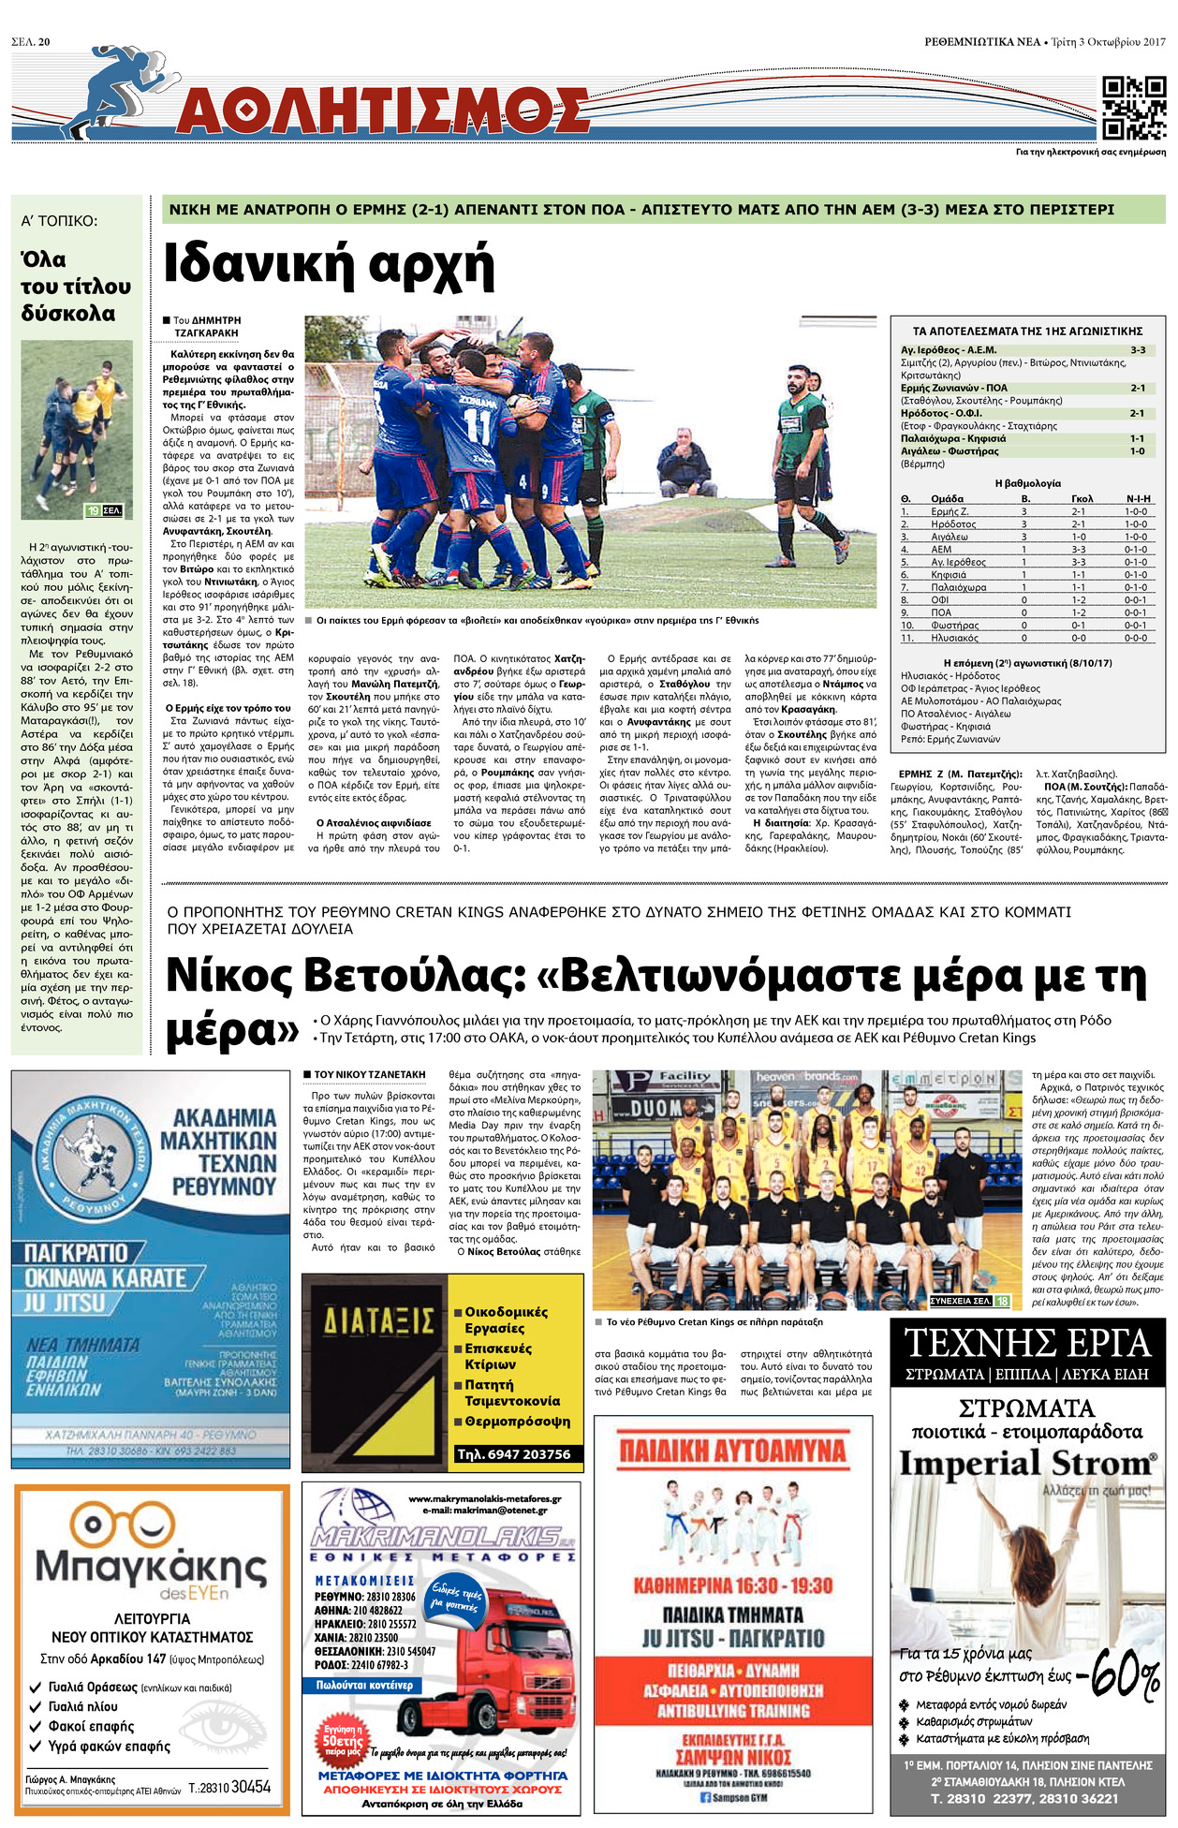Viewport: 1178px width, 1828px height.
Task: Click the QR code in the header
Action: (x=1133, y=108)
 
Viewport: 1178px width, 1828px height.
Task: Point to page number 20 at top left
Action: (x=44, y=41)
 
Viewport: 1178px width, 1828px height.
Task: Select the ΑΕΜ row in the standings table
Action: (x=1026, y=550)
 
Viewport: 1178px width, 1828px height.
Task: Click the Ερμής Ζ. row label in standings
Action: (x=950, y=511)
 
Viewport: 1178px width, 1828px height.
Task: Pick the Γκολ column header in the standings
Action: (x=1082, y=498)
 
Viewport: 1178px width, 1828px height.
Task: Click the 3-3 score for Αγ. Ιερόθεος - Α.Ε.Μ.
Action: (x=1137, y=350)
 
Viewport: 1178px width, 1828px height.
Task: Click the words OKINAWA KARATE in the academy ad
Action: (x=105, y=1278)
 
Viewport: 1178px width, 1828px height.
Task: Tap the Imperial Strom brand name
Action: (x=1027, y=1465)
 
